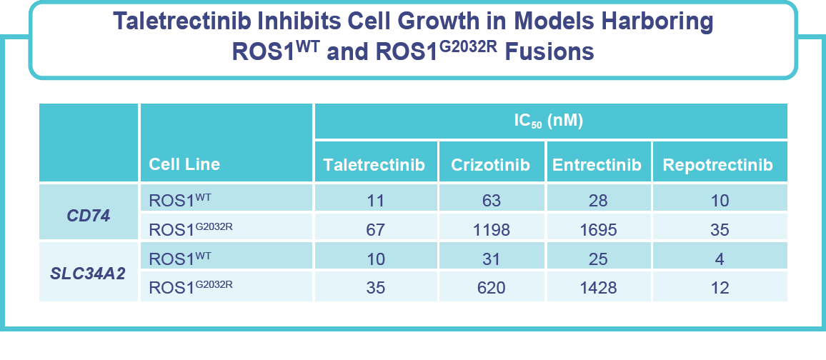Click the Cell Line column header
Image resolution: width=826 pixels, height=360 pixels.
click(x=184, y=164)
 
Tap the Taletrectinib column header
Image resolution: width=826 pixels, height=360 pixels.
click(x=374, y=165)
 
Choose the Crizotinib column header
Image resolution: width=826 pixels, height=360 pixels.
click(x=490, y=165)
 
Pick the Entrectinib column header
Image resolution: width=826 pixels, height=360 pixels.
click(x=598, y=165)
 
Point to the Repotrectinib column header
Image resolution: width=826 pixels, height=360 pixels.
click(x=717, y=165)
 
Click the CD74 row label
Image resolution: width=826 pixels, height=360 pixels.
click(x=89, y=214)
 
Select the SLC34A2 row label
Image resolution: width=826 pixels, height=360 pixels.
click(x=89, y=273)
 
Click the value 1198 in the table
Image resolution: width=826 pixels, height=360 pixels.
click(x=490, y=230)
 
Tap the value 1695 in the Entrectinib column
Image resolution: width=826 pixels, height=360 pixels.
click(x=598, y=230)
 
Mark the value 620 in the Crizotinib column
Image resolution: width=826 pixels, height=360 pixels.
click(x=490, y=288)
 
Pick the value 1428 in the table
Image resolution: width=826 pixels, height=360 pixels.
click(x=598, y=288)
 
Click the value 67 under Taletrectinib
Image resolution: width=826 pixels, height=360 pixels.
click(x=374, y=230)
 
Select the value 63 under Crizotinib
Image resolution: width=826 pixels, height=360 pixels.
click(x=490, y=201)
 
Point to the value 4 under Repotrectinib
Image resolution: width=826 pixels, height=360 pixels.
click(x=719, y=259)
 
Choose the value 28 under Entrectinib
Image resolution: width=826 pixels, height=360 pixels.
click(x=598, y=201)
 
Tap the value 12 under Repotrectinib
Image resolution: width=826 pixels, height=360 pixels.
click(x=719, y=288)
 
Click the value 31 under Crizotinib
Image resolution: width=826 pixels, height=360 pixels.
click(x=490, y=259)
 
